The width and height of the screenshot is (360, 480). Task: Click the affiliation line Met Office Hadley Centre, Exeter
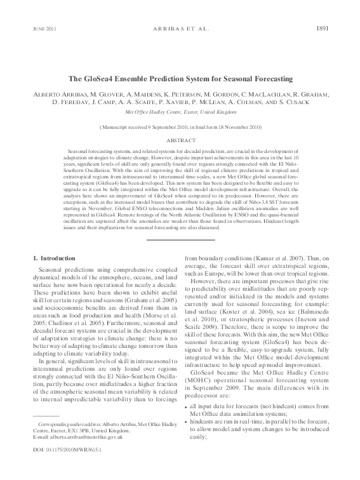180,111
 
